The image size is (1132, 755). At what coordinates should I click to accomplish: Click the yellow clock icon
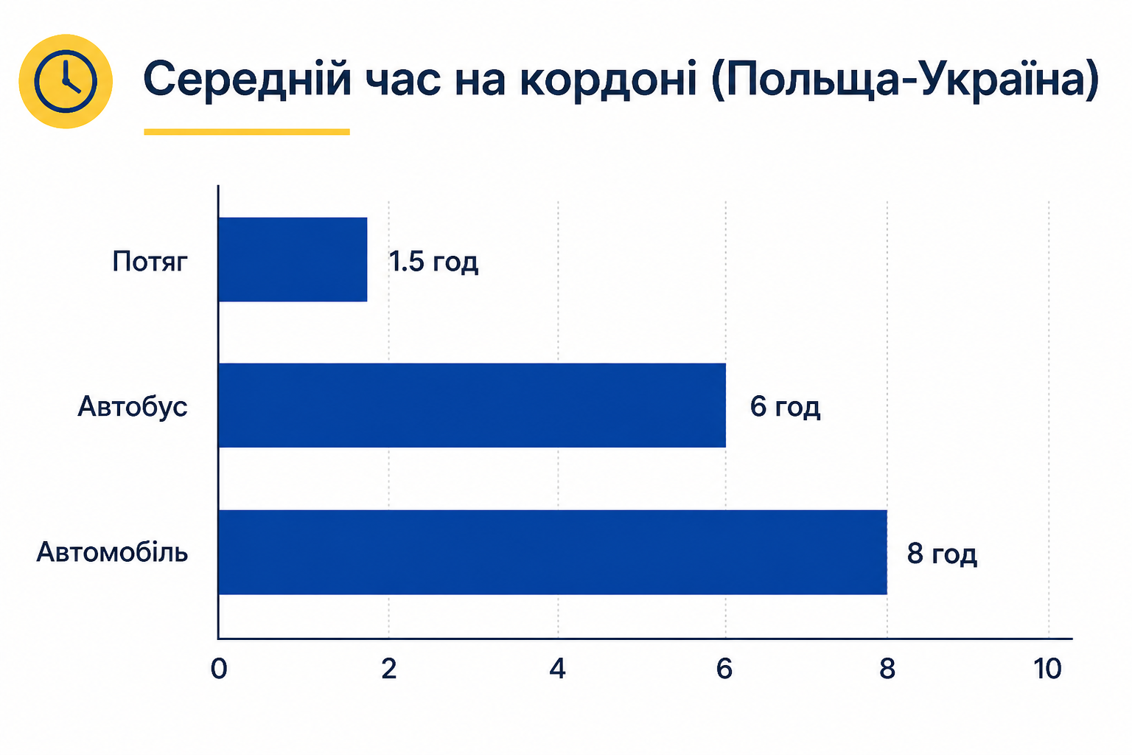(x=66, y=81)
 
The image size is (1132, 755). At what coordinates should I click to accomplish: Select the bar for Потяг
(x=293, y=260)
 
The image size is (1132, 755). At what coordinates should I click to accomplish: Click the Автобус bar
(x=472, y=405)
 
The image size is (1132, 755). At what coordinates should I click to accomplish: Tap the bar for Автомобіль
(x=553, y=552)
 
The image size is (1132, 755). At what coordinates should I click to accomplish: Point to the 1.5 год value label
(x=433, y=262)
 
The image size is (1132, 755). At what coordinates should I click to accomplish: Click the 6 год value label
(x=785, y=407)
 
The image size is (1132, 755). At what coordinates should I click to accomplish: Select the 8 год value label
(x=942, y=554)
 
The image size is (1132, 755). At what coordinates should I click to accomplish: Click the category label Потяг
(x=150, y=262)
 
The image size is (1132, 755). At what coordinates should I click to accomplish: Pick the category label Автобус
(x=133, y=406)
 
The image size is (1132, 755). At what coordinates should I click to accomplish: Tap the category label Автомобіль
(x=112, y=552)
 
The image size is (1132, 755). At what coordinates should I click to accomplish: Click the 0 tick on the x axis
(x=219, y=669)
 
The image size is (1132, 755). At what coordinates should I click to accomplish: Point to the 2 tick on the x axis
(x=388, y=669)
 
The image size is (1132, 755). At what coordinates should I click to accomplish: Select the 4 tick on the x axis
(x=557, y=669)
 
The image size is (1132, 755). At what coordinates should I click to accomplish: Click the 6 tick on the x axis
(x=724, y=669)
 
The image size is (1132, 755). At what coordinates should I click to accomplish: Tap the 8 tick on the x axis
(x=887, y=669)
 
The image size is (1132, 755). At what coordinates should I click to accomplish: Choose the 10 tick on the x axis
(x=1047, y=669)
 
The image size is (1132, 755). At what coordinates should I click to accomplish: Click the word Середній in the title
(x=247, y=78)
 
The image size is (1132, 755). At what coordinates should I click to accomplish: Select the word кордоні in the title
(x=609, y=80)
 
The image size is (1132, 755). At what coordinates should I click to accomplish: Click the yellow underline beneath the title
(x=247, y=132)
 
